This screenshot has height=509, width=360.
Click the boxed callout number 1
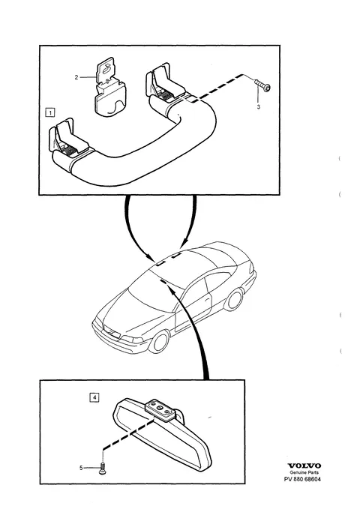click(50, 112)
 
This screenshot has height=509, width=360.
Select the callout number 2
click(76, 77)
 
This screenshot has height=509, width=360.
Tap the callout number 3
click(259, 106)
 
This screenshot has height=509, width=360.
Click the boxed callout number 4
click(94, 397)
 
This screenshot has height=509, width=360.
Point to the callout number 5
click(81, 468)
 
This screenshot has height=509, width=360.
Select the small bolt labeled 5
click(102, 469)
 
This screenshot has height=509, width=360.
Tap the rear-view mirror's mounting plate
click(160, 409)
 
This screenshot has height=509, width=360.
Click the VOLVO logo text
click(304, 466)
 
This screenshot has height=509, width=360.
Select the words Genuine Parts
click(304, 472)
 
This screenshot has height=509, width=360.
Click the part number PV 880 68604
click(301, 479)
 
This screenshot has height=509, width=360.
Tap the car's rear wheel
click(234, 299)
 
